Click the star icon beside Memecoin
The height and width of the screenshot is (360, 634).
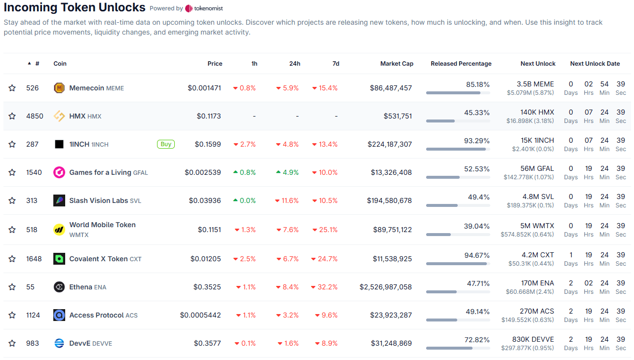tap(12, 88)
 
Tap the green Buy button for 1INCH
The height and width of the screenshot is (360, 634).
tap(166, 144)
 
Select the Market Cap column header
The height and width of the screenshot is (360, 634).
tap(396, 64)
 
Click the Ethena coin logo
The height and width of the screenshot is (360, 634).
tap(59, 287)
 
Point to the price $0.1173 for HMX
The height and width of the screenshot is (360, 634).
tap(208, 116)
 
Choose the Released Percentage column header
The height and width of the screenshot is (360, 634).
tap(461, 64)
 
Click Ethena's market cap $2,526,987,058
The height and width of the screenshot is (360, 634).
tap(385, 287)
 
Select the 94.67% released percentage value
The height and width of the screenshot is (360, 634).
tap(477, 255)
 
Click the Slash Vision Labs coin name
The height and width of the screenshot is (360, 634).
tap(98, 200)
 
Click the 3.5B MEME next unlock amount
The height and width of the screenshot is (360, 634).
tap(535, 84)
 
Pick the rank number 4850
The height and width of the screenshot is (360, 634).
tap(35, 116)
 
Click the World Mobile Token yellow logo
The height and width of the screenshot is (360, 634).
tap(59, 230)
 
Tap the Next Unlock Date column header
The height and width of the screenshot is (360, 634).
tap(594, 64)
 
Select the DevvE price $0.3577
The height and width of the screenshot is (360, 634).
tap(207, 343)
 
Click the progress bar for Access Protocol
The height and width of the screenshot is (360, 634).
tap(458, 320)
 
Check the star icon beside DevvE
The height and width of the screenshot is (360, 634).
tap(12, 343)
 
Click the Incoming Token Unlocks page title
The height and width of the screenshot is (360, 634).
tap(75, 7)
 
